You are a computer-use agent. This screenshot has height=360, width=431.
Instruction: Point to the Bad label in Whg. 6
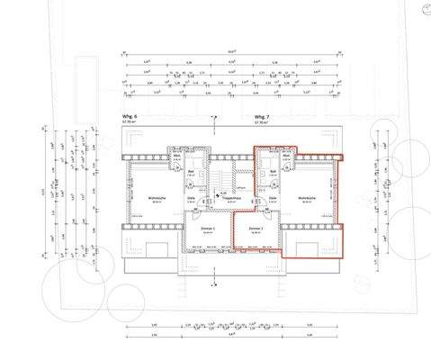click(x=192, y=171)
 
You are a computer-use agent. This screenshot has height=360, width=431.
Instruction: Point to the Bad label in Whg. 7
click(x=273, y=171)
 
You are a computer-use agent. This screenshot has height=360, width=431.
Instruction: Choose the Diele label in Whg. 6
click(x=192, y=197)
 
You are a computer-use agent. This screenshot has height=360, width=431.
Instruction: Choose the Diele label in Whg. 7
click(x=273, y=198)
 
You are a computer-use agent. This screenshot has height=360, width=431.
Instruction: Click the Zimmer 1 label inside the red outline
click(x=256, y=229)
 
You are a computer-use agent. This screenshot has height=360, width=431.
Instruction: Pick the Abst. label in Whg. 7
click(x=286, y=155)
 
